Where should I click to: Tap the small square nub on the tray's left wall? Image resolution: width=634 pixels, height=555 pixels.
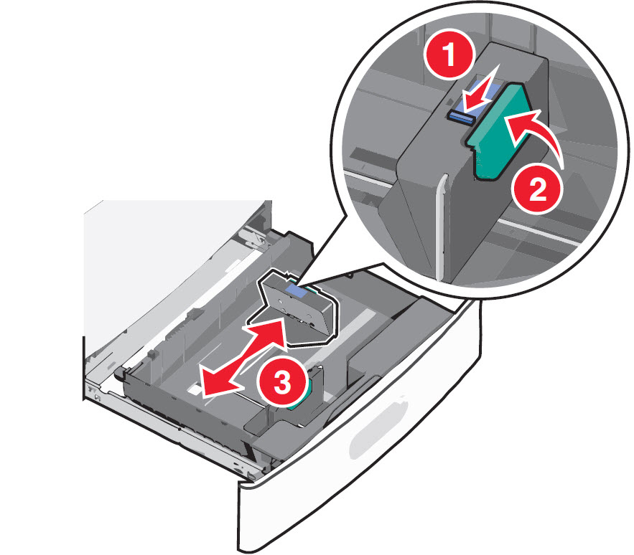[x=151, y=354]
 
